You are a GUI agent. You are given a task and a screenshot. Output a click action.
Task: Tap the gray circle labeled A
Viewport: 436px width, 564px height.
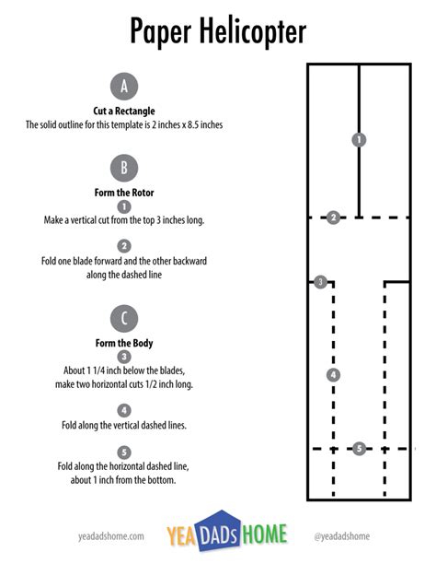coord(123,87)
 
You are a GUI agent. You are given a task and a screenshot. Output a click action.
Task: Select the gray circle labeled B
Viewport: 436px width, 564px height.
coord(123,168)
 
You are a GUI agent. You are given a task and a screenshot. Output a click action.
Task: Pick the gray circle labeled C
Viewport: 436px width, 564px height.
coord(123,319)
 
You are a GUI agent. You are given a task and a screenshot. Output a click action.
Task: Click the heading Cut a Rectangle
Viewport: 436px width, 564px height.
coord(124,111)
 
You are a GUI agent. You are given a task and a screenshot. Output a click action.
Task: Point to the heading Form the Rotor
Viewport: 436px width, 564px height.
coord(124,192)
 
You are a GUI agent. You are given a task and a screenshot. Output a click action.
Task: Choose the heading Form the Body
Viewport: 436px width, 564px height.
coord(124,343)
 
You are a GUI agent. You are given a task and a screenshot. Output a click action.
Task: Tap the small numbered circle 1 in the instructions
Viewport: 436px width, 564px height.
coord(124,207)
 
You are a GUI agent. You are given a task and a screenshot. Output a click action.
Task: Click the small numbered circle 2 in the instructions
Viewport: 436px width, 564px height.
coord(124,245)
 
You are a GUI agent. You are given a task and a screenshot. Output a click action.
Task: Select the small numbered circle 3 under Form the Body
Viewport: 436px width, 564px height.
coord(124,357)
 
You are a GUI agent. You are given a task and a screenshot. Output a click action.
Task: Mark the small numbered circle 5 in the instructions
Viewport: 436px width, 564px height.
coord(124,452)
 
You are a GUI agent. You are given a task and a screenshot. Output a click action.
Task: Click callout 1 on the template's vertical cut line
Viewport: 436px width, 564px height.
coord(359,139)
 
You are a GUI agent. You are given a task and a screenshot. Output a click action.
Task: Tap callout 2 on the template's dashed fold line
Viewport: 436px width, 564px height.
coord(333,217)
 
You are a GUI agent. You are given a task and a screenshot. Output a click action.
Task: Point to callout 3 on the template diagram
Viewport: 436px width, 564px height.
coord(320,282)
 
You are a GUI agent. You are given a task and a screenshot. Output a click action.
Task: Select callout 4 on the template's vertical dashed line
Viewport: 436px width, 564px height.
coord(333,374)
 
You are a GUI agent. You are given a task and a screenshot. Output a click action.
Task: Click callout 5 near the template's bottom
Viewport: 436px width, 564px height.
coord(359,449)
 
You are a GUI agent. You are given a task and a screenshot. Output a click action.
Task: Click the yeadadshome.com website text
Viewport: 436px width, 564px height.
coord(111,535)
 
